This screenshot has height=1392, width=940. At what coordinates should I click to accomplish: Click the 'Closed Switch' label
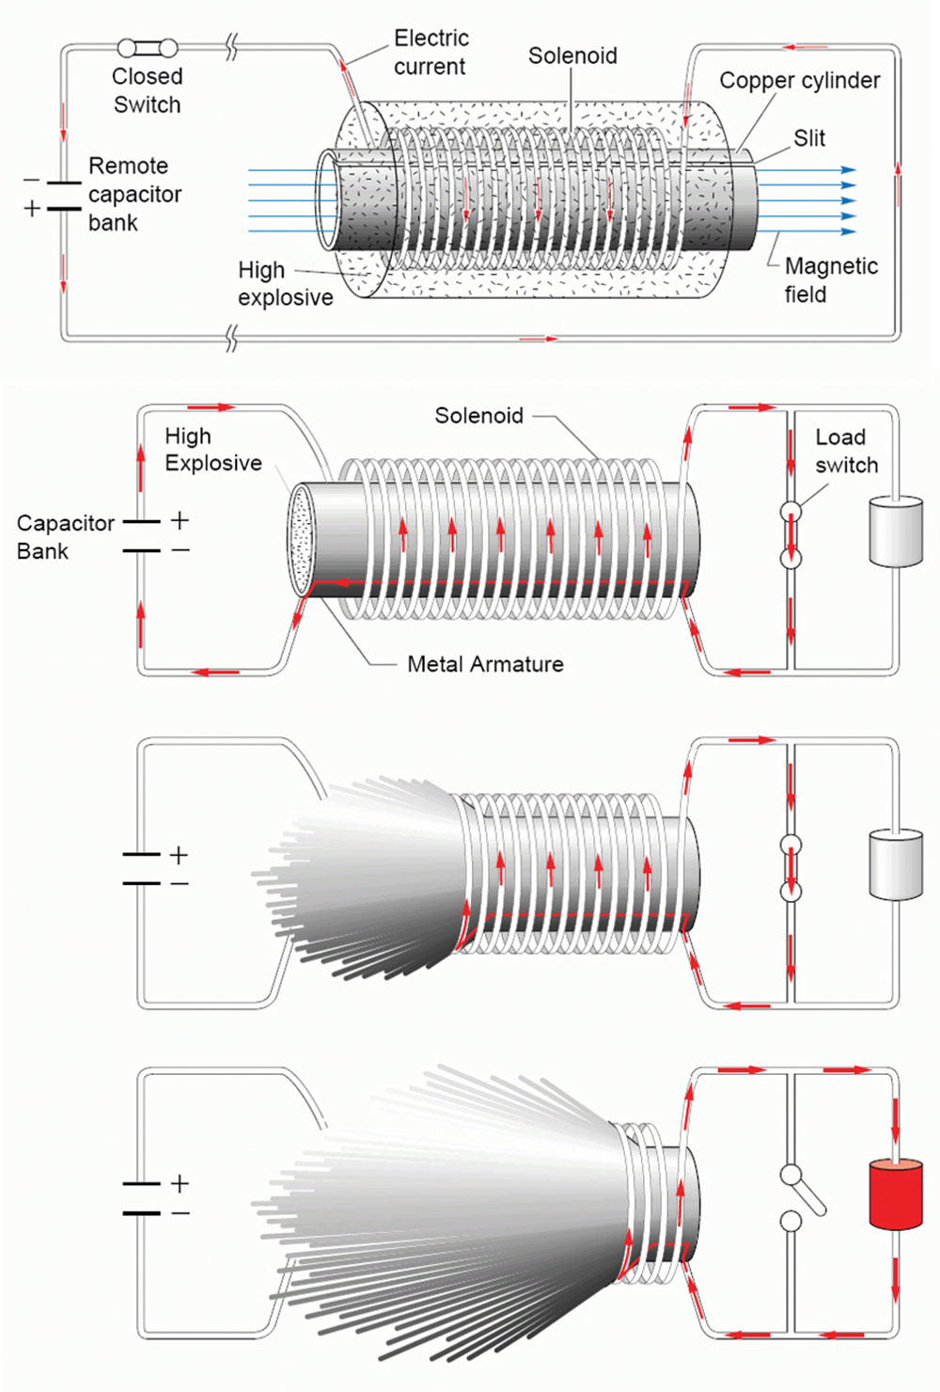[147, 90]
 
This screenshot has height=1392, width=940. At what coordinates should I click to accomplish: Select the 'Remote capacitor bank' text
[134, 195]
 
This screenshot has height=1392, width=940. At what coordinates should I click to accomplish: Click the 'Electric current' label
[431, 53]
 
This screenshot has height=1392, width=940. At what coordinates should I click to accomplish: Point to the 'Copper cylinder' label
[799, 81]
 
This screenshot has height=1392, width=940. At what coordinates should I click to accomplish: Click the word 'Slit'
[808, 138]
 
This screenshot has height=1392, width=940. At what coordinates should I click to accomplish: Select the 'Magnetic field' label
[830, 280]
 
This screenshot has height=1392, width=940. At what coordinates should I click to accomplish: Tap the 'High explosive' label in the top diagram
[285, 284]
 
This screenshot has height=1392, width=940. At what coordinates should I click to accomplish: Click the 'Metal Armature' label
[485, 664]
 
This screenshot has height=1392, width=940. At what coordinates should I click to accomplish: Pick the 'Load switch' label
[845, 451]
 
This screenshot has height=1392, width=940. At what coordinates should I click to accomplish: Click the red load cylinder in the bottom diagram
[895, 1194]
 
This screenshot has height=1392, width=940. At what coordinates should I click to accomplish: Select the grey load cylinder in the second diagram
[895, 532]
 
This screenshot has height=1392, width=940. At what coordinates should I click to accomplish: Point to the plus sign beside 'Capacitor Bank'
[180, 520]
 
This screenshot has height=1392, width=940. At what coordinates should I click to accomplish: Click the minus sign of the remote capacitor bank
[32, 180]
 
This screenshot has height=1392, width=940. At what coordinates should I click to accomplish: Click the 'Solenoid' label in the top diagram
[572, 56]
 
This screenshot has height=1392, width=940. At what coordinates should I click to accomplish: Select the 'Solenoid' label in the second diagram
[478, 416]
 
